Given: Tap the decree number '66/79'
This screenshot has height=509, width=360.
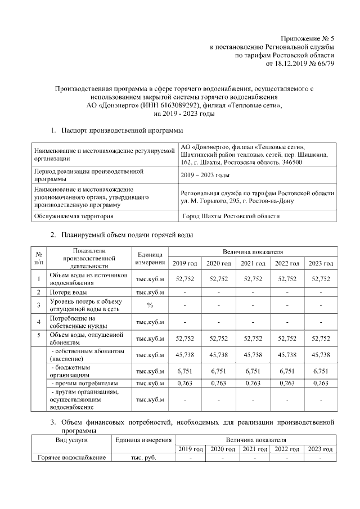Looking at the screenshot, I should (326, 64).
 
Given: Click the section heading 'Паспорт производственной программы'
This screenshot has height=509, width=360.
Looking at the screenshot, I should (123, 131).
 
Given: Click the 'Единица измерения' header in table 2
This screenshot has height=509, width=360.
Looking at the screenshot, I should (150, 259).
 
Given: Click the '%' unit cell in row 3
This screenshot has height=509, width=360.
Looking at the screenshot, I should (150, 305).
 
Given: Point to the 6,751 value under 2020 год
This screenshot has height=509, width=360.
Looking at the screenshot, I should (219, 371).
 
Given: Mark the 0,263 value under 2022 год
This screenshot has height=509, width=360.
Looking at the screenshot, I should (287, 384).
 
